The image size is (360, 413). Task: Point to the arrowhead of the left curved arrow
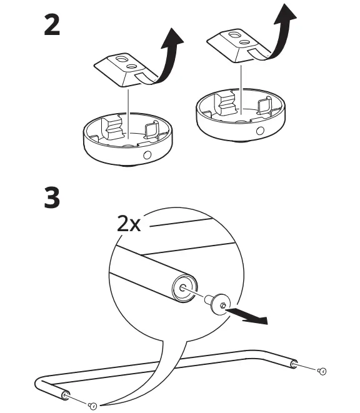coord(176,39)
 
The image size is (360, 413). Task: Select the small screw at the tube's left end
coord(92,406)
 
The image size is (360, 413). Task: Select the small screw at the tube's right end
coord(322,371)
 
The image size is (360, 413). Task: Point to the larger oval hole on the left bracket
coord(129,64)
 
